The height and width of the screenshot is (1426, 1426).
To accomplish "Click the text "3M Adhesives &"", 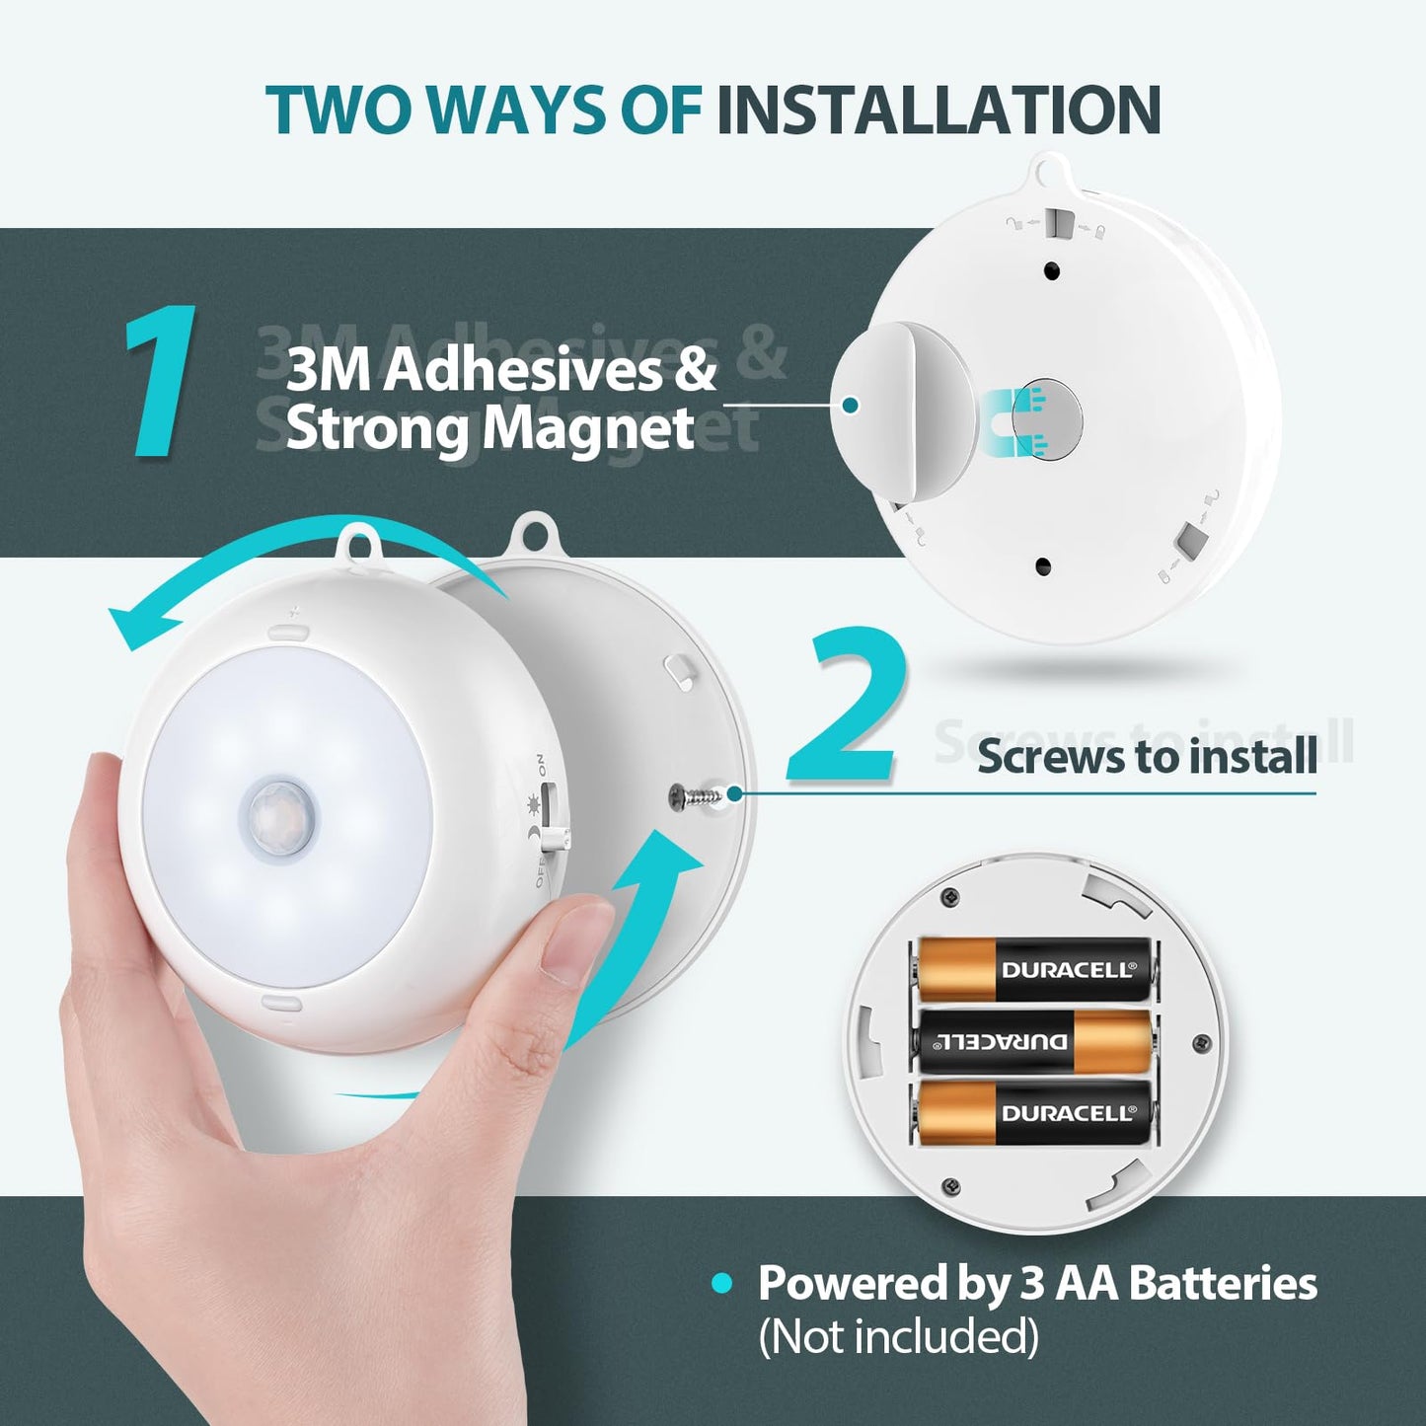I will coord(501,370).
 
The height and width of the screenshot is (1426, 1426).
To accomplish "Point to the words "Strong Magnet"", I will coord(489,429).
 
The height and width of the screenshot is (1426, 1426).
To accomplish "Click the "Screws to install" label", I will coord(1147,757).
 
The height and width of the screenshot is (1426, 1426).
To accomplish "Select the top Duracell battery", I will coord(1034,969).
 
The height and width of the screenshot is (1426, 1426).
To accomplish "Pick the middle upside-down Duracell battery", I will coord(1034,1041).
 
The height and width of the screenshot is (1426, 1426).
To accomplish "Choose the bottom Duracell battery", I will coord(1034,1112).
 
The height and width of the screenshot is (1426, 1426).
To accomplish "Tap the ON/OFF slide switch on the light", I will coord(550,817).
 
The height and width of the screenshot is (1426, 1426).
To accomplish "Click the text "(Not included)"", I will coord(898,1337).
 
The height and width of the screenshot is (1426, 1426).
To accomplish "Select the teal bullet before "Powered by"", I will coord(722,1284).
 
